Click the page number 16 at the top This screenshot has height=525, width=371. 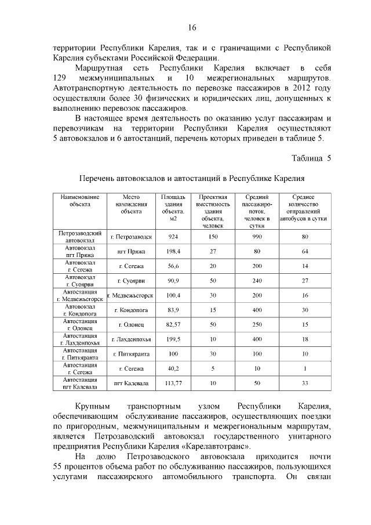coord(192,28)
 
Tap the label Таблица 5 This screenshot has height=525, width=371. coord(311,158)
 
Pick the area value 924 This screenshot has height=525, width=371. coord(173,237)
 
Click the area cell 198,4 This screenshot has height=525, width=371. coord(173,251)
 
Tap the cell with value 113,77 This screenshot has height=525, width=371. coord(173,383)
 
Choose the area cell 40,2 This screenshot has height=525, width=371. coord(173,368)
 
